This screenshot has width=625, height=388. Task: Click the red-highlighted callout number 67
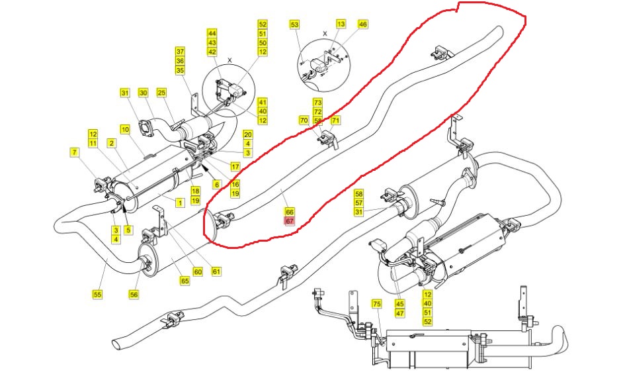pos(290,220)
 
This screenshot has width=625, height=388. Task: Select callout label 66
pos(290,212)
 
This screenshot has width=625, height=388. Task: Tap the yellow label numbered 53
pos(294,24)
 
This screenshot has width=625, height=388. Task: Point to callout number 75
pos(377,304)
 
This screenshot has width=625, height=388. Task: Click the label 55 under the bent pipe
pos(97,295)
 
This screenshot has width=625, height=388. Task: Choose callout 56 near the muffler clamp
pos(134,295)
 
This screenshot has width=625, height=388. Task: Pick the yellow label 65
pos(185,281)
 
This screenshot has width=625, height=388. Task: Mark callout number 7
pos(74,152)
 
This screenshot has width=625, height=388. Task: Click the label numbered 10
pos(125,129)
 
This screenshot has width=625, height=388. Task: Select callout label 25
pos(161,93)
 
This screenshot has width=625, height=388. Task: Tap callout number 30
pos(143,93)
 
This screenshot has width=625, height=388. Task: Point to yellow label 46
pos(362,24)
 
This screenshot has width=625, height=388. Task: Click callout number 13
pos(341,24)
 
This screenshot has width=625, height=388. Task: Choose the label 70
pos(304,120)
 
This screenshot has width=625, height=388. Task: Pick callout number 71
pos(335,120)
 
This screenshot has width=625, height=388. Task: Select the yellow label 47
pos(399,313)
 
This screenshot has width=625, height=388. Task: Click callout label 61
pos(216,271)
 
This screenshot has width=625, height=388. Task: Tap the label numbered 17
pos(235,166)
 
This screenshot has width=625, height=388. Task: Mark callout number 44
pos(212,34)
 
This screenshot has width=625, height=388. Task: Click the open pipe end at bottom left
pos(119,344)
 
